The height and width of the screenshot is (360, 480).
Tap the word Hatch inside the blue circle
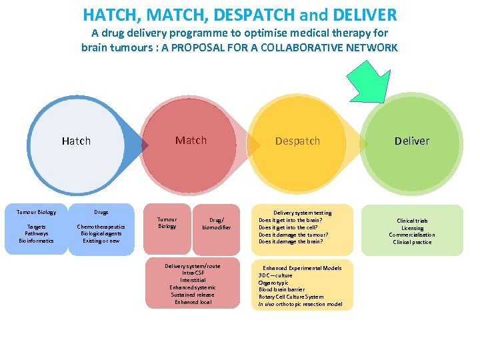[76, 141]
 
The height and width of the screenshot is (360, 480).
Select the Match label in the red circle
[191, 141]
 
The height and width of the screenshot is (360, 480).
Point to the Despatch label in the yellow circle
[297, 141]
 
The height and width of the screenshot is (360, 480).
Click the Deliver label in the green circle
[412, 141]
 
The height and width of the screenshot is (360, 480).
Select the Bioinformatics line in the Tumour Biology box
[37, 241]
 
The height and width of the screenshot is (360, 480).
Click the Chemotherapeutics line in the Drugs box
[101, 227]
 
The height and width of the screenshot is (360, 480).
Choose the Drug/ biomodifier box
[216, 223]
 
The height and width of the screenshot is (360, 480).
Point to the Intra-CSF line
[193, 273]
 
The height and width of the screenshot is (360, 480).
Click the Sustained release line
[193, 295]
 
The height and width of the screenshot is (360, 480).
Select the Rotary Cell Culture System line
[291, 297]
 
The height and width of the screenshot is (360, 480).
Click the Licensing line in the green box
[412, 228]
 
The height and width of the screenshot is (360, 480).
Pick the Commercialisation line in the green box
[412, 235]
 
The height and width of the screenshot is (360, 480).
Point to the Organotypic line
[273, 283]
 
